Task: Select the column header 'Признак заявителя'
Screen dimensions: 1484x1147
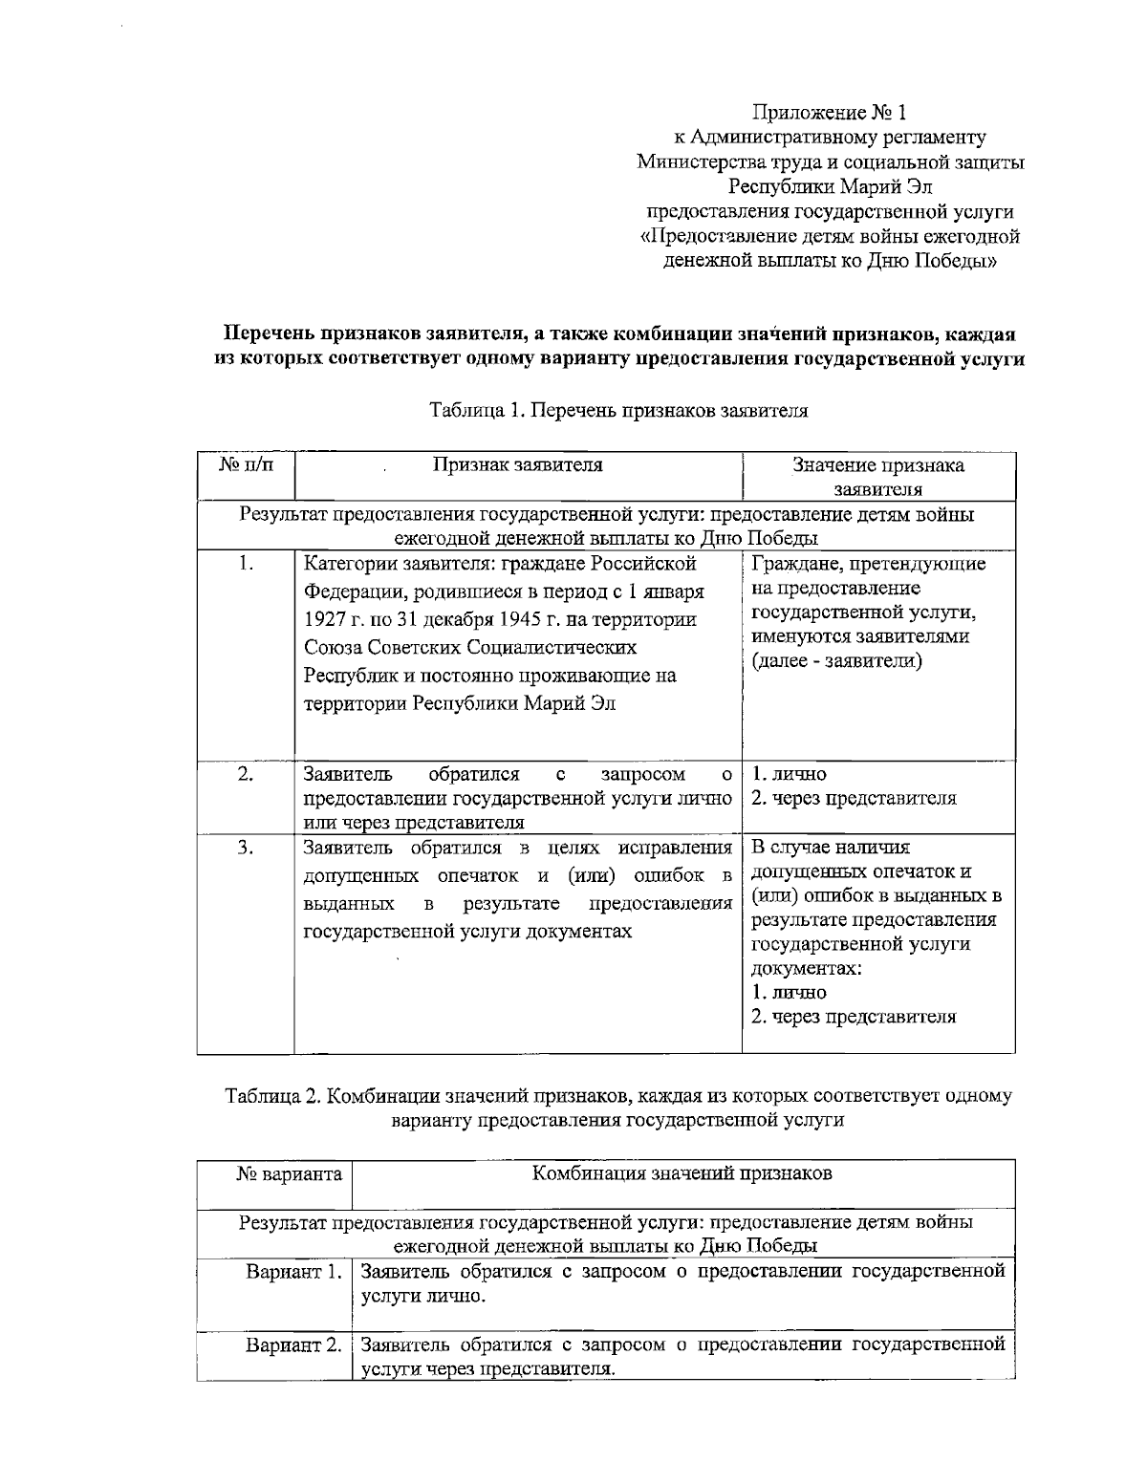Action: tap(517, 465)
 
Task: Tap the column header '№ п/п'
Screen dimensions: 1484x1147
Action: tap(246, 465)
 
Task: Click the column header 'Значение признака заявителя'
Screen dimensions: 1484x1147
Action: tap(877, 477)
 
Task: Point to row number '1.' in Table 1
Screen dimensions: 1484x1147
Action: tap(246, 563)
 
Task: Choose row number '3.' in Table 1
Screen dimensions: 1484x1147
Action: tap(246, 847)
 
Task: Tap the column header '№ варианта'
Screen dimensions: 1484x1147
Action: tap(289, 1173)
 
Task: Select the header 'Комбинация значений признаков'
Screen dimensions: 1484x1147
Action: tap(682, 1173)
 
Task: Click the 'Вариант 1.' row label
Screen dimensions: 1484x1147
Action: tap(293, 1272)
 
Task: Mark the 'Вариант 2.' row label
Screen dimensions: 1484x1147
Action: tap(293, 1345)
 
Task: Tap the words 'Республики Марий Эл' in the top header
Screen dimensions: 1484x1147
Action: tap(830, 186)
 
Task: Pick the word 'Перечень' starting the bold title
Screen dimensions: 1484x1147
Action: tap(269, 334)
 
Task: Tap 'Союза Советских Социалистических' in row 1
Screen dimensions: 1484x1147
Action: tap(470, 648)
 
